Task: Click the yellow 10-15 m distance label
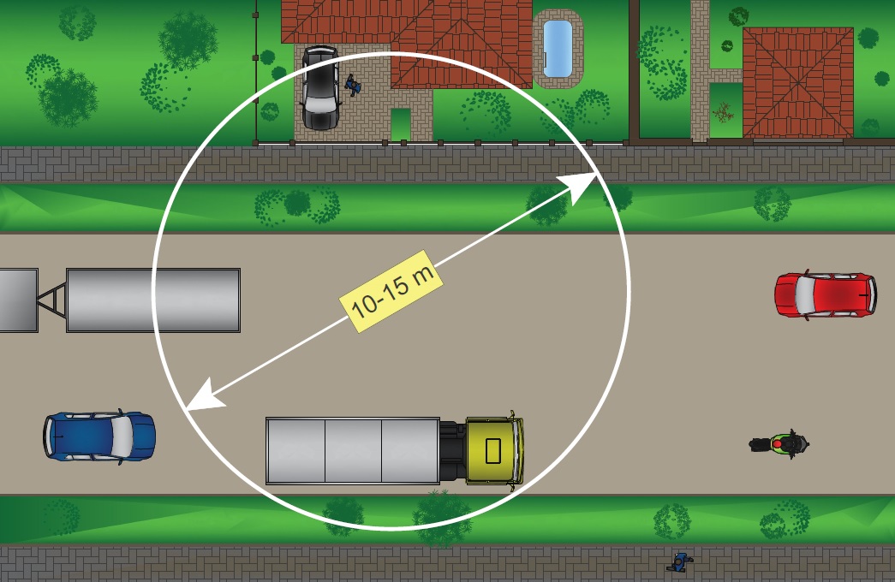pos(391,291)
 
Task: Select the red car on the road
pos(825,294)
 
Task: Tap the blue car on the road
pos(100,436)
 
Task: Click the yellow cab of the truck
pos(493,450)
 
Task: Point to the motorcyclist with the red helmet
pos(779,444)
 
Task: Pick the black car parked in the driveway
pos(320,88)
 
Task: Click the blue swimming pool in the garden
pos(558,50)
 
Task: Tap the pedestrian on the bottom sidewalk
pos(679,562)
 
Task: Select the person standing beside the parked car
pos(352,85)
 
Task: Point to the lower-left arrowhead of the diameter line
pos(196,402)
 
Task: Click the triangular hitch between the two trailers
pos(52,300)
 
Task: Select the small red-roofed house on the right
pos(797,82)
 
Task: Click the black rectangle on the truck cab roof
pos(493,450)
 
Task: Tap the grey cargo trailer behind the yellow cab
pos(352,450)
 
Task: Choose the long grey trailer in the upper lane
pos(153,300)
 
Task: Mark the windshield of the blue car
pos(122,436)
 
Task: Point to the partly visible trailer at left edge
pos(17,300)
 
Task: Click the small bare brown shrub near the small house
pos(724,111)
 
